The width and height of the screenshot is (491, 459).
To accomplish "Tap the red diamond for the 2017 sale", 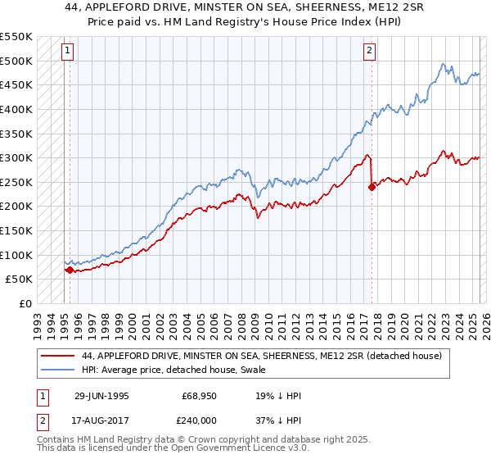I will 372,187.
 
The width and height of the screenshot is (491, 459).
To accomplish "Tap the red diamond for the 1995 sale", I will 70,270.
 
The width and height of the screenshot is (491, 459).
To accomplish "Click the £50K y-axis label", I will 19,279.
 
